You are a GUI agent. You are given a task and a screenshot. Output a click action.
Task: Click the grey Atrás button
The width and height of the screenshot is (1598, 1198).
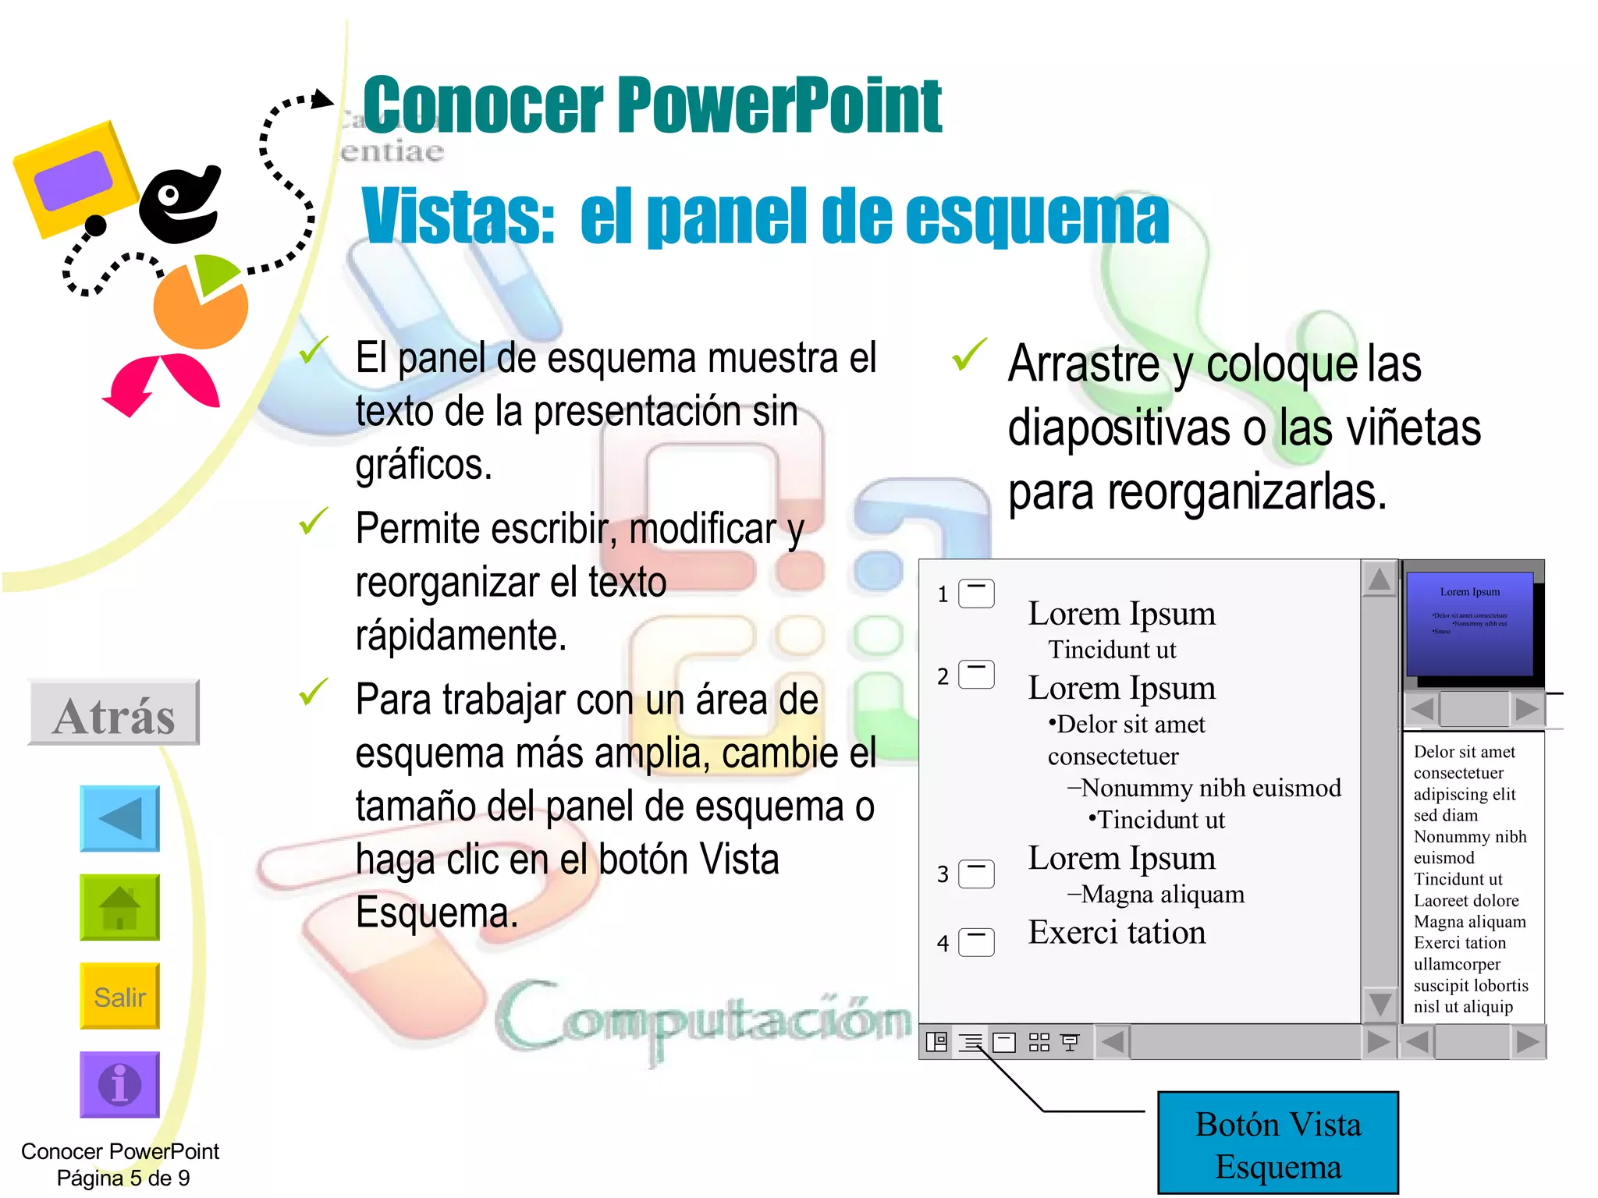pyautogui.click(x=114, y=713)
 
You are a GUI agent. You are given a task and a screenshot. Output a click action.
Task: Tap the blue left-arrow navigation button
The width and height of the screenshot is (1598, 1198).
pyautogui.click(x=119, y=818)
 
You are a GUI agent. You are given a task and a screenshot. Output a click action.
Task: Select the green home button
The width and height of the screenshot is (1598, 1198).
pyautogui.click(x=119, y=907)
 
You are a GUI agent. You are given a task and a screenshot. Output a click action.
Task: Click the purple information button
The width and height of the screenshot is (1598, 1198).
pyautogui.click(x=119, y=1084)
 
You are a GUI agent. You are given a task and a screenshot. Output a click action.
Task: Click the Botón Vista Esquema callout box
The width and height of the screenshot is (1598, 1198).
pyautogui.click(x=1277, y=1143)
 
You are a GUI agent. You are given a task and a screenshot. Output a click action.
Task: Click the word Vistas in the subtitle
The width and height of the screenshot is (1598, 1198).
pyautogui.click(x=456, y=217)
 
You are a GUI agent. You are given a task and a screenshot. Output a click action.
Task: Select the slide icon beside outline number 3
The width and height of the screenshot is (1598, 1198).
pyautogui.click(x=976, y=874)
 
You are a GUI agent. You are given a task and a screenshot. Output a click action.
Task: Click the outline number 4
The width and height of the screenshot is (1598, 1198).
pyautogui.click(x=943, y=944)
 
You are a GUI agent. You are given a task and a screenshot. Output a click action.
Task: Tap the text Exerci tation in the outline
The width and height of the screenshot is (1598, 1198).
pyautogui.click(x=1116, y=933)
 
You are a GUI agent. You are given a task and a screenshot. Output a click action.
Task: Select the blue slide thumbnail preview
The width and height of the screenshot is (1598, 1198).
pyautogui.click(x=1468, y=624)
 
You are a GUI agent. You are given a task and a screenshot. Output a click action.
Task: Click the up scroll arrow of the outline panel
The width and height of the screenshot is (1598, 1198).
pyautogui.click(x=1379, y=580)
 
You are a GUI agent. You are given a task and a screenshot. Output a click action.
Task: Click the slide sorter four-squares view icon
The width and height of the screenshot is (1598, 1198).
pyautogui.click(x=1039, y=1042)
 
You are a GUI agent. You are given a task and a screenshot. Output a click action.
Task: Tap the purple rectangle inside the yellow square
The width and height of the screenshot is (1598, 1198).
pyautogui.click(x=73, y=180)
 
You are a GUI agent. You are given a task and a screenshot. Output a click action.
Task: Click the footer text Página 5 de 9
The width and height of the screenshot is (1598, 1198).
pyautogui.click(x=123, y=1178)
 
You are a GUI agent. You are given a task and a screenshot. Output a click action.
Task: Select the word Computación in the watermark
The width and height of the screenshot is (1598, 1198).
pyautogui.click(x=702, y=1018)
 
